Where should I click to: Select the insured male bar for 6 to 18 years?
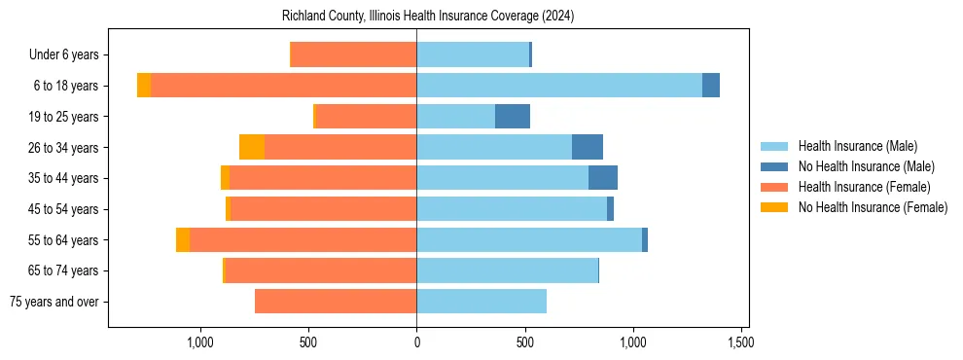click(x=559, y=86)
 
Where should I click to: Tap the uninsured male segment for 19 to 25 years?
click(x=513, y=117)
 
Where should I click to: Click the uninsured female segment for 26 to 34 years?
click(x=252, y=147)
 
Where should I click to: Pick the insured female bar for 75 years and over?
click(x=336, y=302)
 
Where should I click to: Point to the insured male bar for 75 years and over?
click(x=481, y=302)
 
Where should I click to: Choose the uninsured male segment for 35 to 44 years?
click(x=603, y=178)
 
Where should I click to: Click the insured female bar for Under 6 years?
click(x=354, y=54)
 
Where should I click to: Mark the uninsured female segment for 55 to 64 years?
click(x=183, y=239)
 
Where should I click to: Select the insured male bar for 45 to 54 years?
click(x=512, y=209)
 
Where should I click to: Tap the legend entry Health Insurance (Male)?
click(x=857, y=146)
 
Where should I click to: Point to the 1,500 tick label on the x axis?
click(x=741, y=342)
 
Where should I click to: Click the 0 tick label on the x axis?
click(x=416, y=342)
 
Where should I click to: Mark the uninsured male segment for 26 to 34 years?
click(x=588, y=147)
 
